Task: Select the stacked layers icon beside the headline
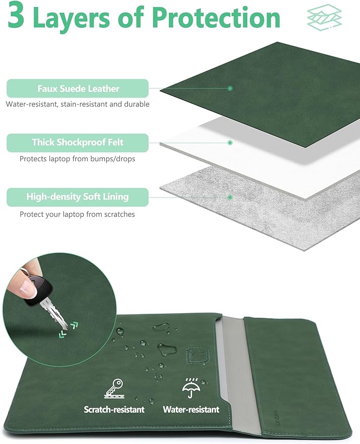(325, 17)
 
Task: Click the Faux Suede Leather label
(78, 88)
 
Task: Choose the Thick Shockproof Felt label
(78, 142)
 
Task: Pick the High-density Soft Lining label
(78, 197)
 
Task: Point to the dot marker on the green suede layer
(230, 88)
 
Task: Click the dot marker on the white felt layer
(230, 142)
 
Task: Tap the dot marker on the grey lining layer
(230, 197)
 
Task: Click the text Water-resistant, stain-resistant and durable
(78, 104)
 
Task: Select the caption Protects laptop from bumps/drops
(77, 159)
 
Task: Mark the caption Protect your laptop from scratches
(77, 214)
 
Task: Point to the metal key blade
(55, 315)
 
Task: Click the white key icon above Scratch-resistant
(114, 388)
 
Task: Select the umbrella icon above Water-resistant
(191, 387)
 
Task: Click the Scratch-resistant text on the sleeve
(114, 410)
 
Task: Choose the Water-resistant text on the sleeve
(191, 410)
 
